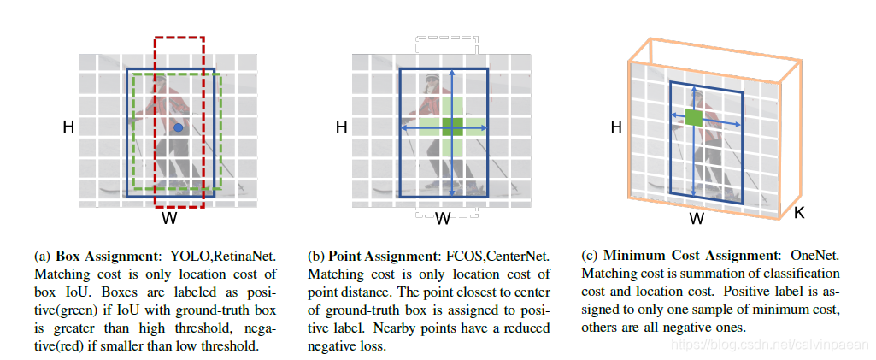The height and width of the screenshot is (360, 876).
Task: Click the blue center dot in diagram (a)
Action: [x=178, y=127]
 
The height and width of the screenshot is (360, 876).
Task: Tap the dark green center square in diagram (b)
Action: [x=452, y=127]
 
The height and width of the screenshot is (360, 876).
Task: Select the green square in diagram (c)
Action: [x=694, y=118]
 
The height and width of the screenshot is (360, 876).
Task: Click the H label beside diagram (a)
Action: [x=68, y=127]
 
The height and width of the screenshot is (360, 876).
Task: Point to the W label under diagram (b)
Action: [x=443, y=219]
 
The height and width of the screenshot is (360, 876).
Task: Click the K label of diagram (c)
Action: [x=799, y=211]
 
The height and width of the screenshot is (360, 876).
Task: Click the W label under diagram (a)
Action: [x=169, y=219]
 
